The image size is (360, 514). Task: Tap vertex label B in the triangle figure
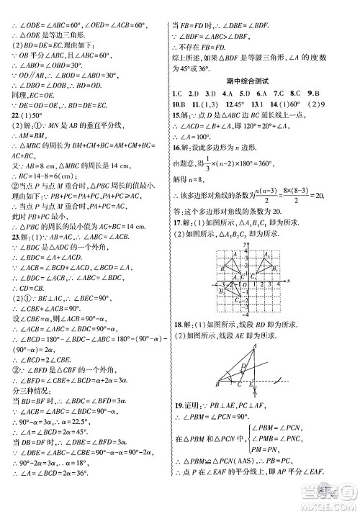click(x=216, y=385)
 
